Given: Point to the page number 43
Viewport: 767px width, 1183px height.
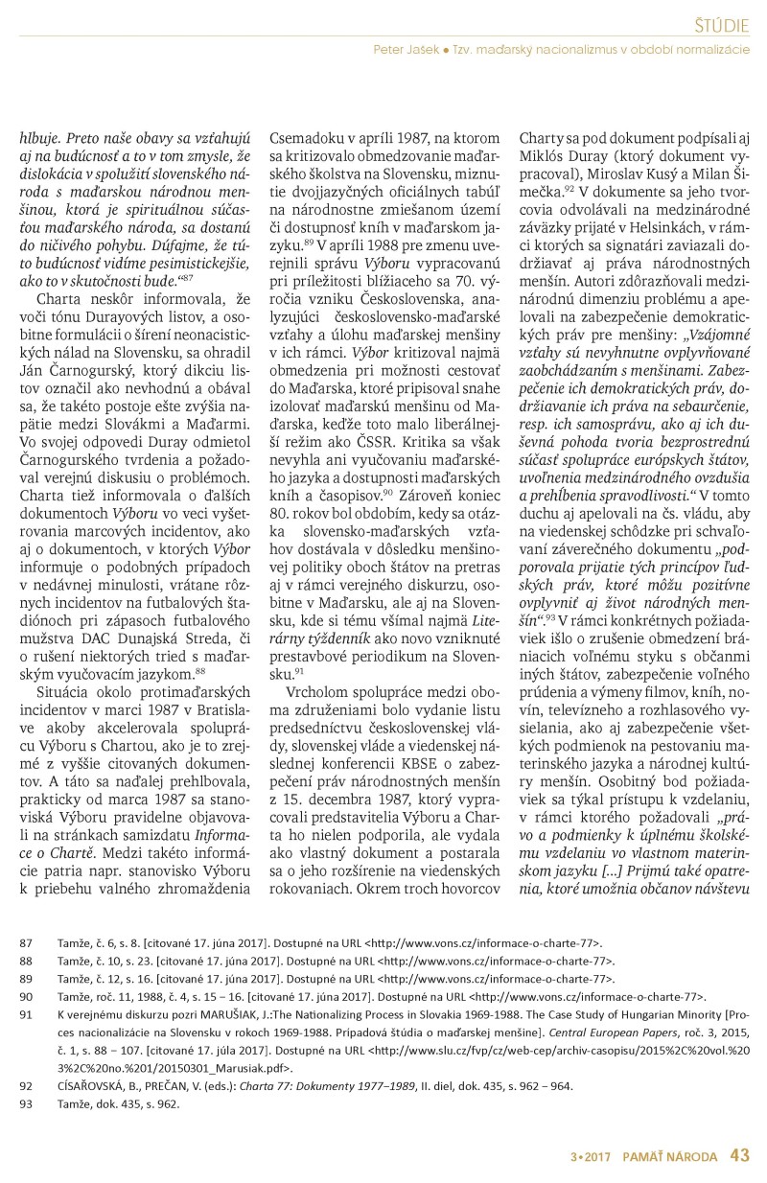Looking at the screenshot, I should pyautogui.click(x=739, y=1154).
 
